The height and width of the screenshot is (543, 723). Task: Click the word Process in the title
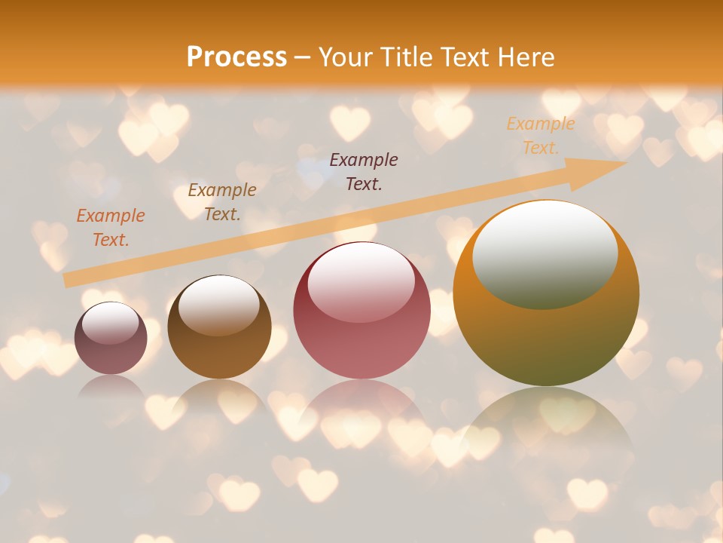coord(236,57)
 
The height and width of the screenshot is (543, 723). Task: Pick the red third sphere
coord(361,310)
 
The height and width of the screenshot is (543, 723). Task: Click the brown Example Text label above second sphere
coord(222,202)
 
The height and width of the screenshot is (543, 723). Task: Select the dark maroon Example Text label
coord(364,171)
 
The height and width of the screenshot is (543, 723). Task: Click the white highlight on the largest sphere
coord(545,253)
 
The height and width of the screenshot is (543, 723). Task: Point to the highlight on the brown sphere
coord(219,303)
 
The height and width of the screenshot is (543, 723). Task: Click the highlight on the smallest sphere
coord(111,323)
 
